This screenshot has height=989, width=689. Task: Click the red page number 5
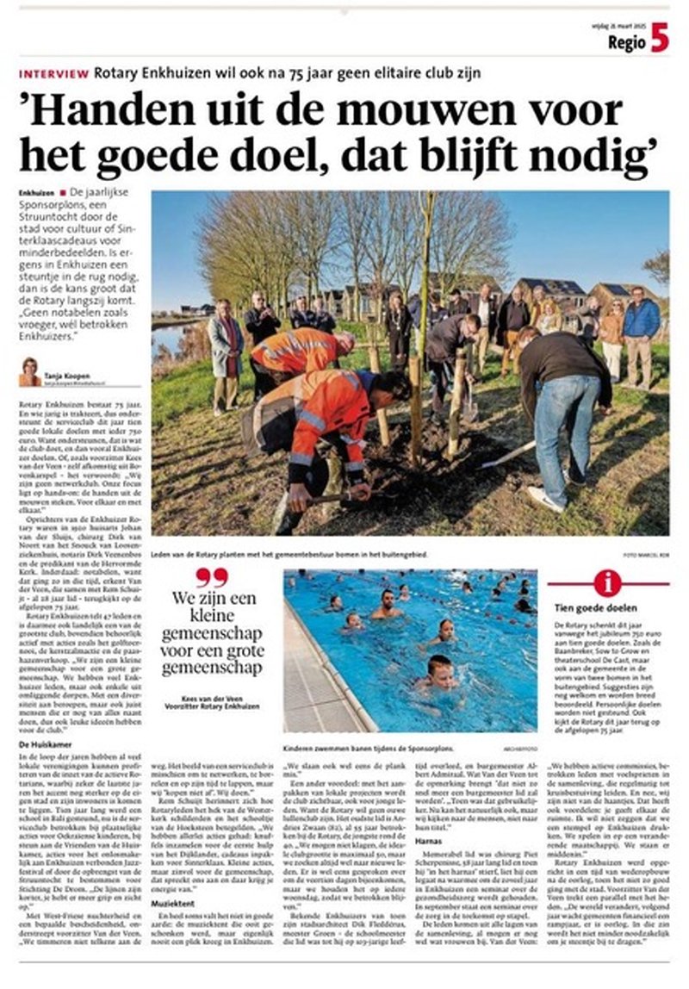660,39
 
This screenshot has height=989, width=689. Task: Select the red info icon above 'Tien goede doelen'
607,583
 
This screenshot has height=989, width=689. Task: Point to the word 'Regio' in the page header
626,41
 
